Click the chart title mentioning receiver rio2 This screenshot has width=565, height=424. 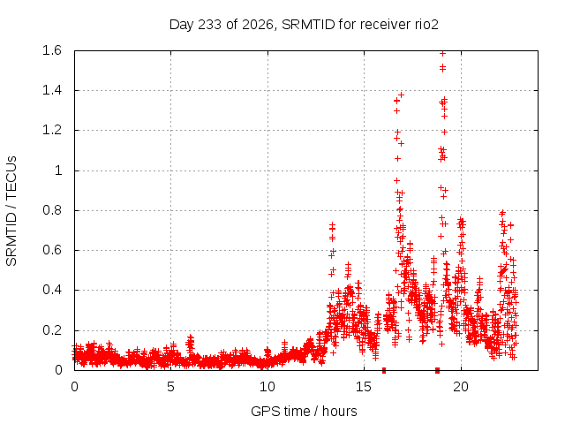pyautogui.click(x=304, y=25)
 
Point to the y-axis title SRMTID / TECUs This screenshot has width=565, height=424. pyautogui.click(x=11, y=211)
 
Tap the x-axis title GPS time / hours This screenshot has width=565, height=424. pyautogui.click(x=304, y=411)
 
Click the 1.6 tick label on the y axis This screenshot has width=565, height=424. pyautogui.click(x=52, y=50)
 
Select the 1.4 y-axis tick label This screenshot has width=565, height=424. pyautogui.click(x=52, y=90)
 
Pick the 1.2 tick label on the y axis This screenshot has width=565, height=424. pyautogui.click(x=52, y=130)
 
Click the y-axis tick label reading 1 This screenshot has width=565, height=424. pyautogui.click(x=58, y=170)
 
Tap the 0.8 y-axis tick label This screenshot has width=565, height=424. pyautogui.click(x=52, y=210)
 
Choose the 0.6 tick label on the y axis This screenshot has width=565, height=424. pyautogui.click(x=52, y=250)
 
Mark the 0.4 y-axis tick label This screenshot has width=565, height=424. pyautogui.click(x=52, y=290)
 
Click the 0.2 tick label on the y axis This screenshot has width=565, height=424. pyautogui.click(x=52, y=329)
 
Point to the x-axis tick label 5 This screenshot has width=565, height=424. pyautogui.click(x=170, y=387)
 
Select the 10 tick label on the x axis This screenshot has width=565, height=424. pyautogui.click(x=267, y=387)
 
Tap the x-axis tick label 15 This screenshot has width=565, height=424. pyautogui.click(x=364, y=387)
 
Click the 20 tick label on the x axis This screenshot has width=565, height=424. pyautogui.click(x=461, y=387)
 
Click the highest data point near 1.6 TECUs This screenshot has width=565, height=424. pyautogui.click(x=443, y=53)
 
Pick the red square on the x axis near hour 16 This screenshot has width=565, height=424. pyautogui.click(x=384, y=370)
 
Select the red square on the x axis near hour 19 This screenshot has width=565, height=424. pyautogui.click(x=438, y=370)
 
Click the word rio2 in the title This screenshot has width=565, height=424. pyautogui.click(x=426, y=25)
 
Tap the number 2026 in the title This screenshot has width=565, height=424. pyautogui.click(x=258, y=25)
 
